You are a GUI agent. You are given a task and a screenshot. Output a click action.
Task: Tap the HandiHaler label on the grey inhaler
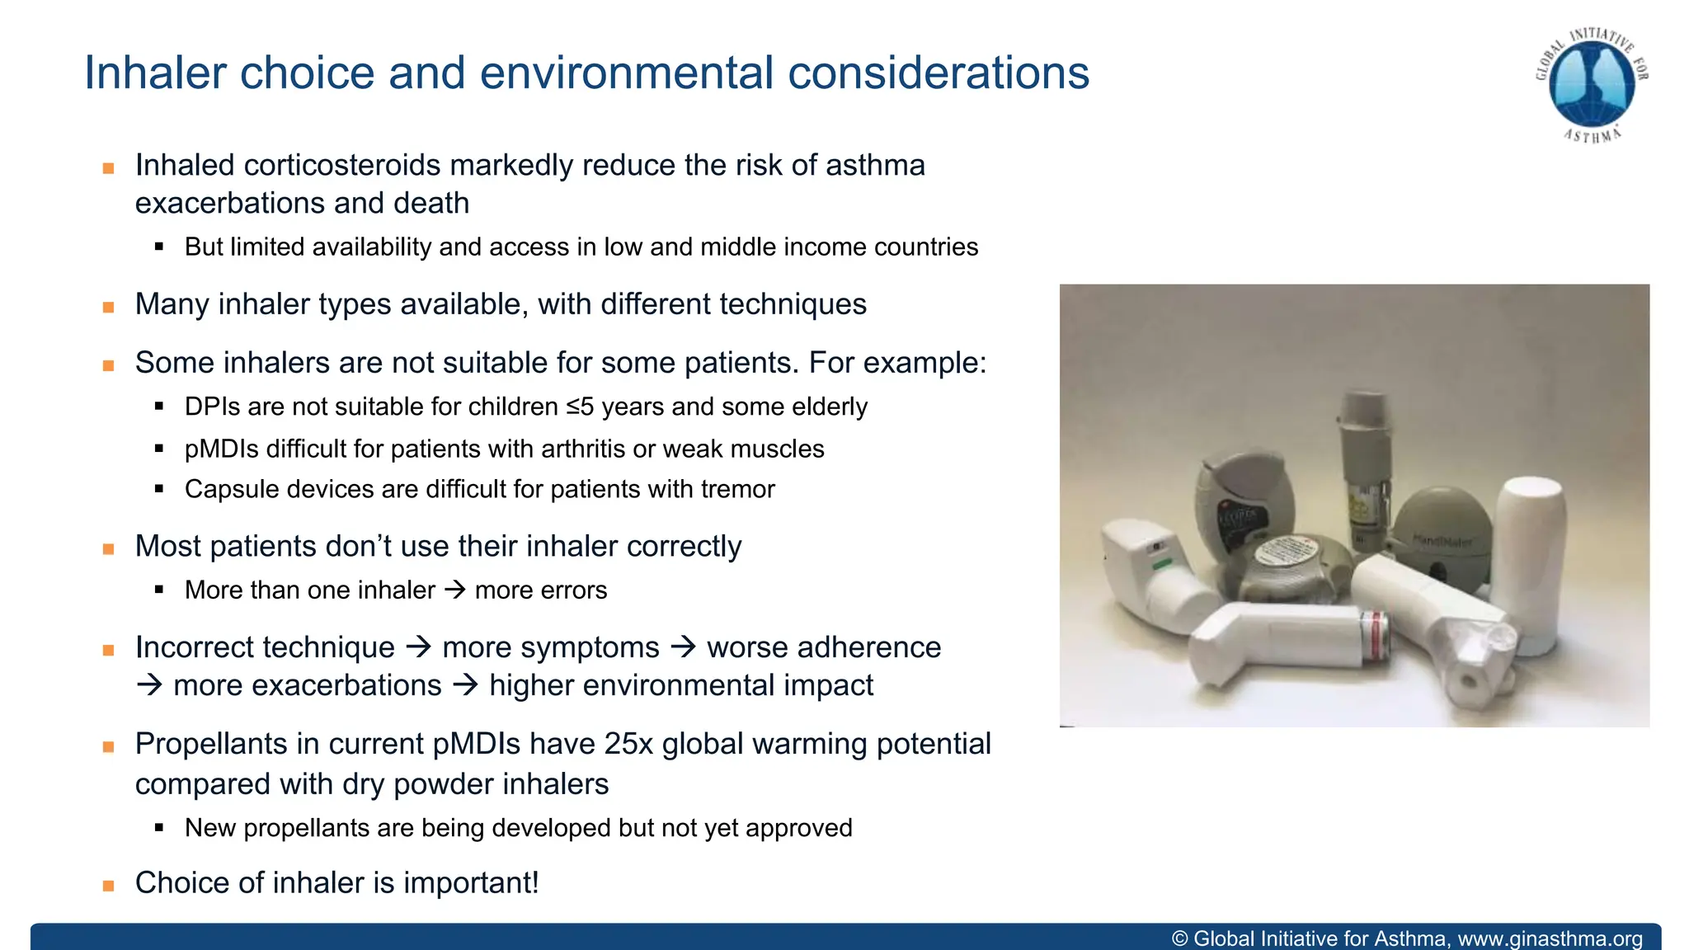pyautogui.click(x=1442, y=541)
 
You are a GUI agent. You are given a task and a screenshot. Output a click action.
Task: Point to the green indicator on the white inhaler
pyautogui.click(x=1161, y=563)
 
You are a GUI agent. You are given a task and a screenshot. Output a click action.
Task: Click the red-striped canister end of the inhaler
pyautogui.click(x=1375, y=636)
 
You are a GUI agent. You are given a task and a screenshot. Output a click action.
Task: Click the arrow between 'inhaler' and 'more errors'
pyautogui.click(x=454, y=590)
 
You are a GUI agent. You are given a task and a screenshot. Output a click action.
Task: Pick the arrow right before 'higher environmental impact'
pyautogui.click(x=466, y=685)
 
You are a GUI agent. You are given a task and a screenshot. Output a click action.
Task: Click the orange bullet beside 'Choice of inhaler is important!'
pyautogui.click(x=108, y=886)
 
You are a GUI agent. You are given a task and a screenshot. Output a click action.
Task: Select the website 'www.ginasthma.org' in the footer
pyautogui.click(x=1550, y=938)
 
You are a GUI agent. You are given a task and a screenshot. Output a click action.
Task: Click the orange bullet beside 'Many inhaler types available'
pyautogui.click(x=108, y=307)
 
